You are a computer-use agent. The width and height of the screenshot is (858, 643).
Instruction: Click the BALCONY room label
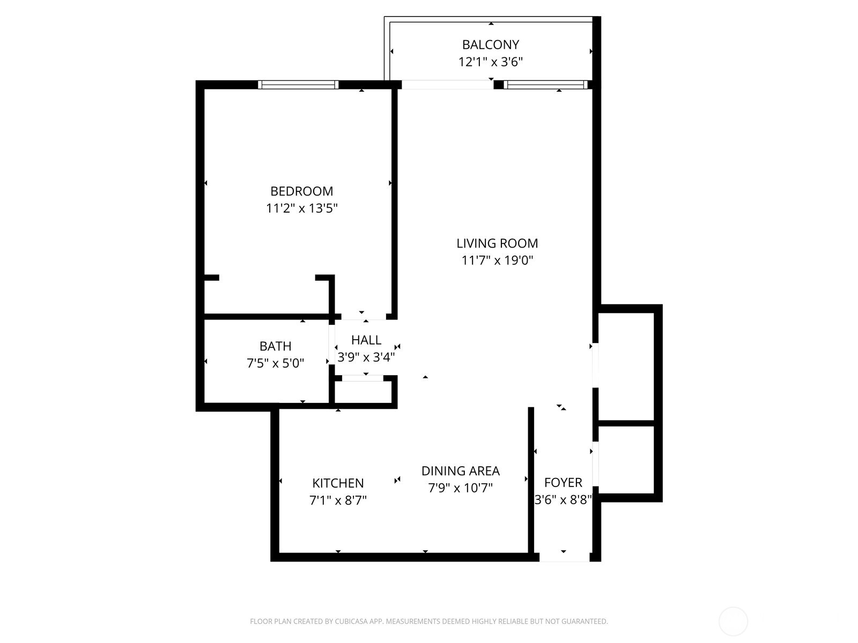[490, 44]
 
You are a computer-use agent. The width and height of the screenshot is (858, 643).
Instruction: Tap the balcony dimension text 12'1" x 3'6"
[490, 62]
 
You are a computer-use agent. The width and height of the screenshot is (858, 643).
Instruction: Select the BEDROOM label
[301, 191]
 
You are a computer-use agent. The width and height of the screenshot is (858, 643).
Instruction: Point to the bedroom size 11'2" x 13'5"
[301, 208]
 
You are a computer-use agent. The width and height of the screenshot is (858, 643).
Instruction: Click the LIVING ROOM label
[497, 243]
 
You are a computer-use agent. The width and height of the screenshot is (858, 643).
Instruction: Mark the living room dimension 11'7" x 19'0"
[497, 260]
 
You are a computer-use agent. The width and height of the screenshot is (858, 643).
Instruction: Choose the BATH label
[275, 346]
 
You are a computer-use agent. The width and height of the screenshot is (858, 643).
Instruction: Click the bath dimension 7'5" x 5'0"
[275, 363]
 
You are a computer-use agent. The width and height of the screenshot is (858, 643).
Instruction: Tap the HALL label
[366, 340]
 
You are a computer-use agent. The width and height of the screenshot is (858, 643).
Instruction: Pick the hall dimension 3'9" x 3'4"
[366, 357]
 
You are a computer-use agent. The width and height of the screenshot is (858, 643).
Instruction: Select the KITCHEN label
[338, 483]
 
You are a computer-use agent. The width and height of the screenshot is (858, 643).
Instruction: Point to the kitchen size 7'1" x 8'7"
[338, 500]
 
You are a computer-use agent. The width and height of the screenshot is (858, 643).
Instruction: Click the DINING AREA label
[460, 471]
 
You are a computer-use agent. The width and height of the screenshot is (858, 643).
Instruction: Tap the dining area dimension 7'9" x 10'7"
[460, 488]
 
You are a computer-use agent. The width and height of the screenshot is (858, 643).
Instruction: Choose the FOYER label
[563, 482]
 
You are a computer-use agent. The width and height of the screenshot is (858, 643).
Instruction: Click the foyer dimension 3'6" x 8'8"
[563, 500]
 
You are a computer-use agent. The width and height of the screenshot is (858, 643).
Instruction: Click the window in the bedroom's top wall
[298, 85]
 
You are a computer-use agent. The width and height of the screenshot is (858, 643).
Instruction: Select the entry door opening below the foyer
[564, 557]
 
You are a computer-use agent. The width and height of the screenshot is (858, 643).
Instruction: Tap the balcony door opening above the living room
[447, 85]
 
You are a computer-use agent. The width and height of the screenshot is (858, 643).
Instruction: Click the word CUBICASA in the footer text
[351, 622]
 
